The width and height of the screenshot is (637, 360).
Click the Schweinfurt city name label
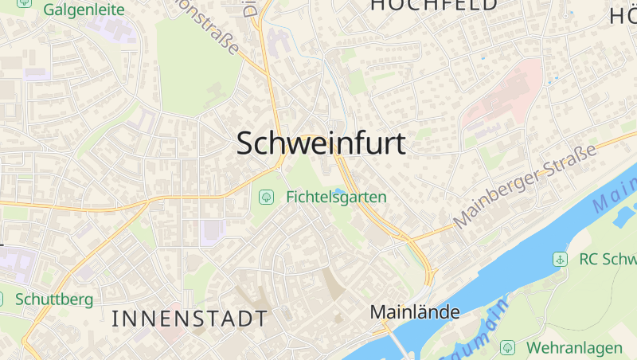[321, 143]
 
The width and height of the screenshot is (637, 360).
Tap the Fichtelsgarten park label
[336, 196]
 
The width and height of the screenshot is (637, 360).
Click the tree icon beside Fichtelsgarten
[266, 196]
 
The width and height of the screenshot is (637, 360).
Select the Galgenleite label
[84, 10]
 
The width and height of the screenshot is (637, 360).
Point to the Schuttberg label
[54, 299]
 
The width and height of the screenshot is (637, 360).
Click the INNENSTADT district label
[190, 319]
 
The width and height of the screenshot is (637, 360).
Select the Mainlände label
[415, 312]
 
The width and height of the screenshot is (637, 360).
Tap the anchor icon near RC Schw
[560, 259]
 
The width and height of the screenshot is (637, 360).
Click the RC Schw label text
[608, 259]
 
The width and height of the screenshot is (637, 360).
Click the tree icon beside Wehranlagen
[507, 348]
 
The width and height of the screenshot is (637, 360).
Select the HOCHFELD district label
[433, 5]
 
